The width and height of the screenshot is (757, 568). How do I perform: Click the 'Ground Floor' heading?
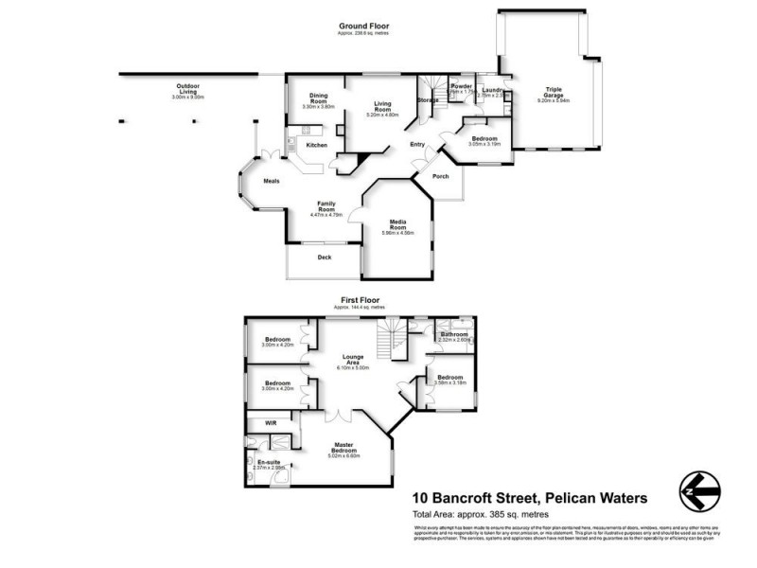(x=364, y=27)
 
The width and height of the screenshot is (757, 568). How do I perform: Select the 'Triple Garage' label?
(x=553, y=93)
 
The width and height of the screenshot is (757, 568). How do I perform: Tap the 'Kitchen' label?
(x=317, y=145)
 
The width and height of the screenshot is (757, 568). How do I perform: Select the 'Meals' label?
(x=271, y=181)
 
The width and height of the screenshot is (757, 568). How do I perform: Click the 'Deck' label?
(x=323, y=257)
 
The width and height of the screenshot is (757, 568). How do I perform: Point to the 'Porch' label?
(x=440, y=176)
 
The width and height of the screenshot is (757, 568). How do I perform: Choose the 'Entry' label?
(x=416, y=145)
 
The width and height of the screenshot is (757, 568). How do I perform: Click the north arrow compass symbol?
(x=700, y=492)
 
